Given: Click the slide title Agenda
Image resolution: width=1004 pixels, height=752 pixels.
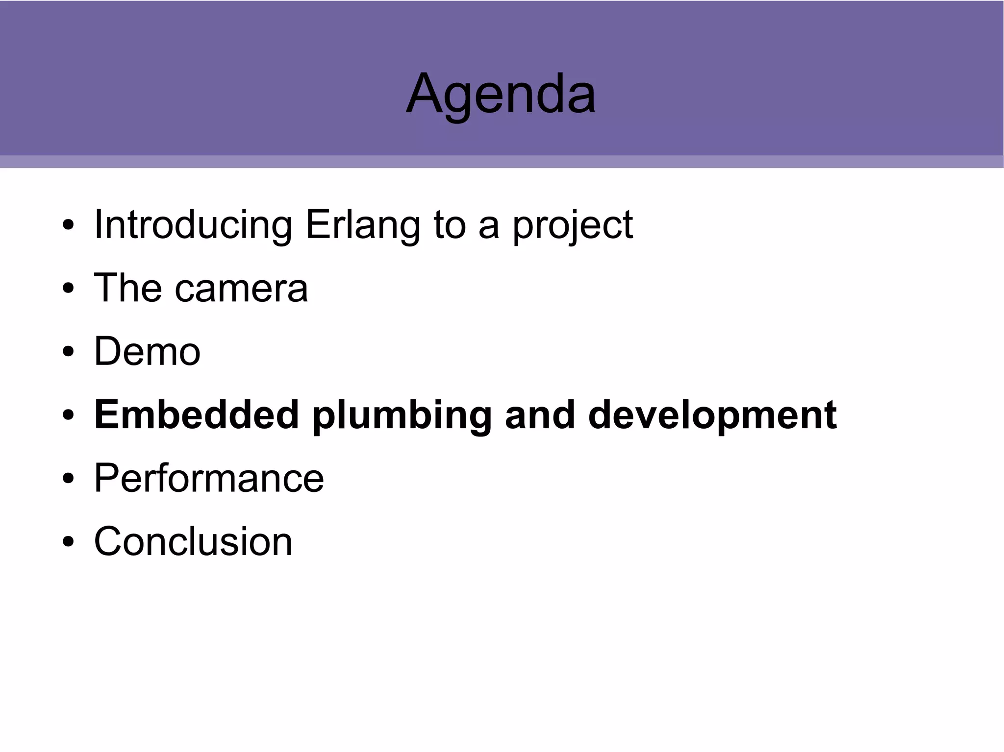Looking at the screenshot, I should coord(501,93).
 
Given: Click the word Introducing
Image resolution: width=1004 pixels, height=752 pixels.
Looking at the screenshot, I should coord(193,225).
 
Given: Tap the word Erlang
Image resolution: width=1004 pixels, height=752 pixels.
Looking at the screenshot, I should coord(363,225).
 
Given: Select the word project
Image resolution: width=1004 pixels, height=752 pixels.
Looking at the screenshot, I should coord(572,226).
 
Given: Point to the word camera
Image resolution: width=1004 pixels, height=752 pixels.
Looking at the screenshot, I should coord(241,289).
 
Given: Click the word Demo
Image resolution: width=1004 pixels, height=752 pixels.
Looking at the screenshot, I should coord(147,351).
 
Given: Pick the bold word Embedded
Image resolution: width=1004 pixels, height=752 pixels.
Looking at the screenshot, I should coord(196,415).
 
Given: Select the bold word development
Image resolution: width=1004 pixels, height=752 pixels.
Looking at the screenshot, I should coord(712,416).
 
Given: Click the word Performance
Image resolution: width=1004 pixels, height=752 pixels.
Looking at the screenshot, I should coord(209,478).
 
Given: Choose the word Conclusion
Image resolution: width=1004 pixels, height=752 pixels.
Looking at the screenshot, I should coord(193,541).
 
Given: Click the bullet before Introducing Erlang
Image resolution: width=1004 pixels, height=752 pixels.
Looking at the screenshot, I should coord(68,226).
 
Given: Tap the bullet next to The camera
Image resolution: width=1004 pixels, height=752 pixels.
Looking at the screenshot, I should coord(68,289).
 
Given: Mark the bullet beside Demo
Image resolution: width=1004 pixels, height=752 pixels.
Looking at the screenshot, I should coord(68,352).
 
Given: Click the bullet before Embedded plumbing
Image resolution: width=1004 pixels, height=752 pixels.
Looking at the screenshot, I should coord(68,415).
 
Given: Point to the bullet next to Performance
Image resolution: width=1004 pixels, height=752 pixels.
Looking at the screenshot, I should coord(68,479).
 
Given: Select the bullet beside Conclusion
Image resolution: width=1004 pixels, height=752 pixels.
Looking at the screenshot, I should coord(68,542).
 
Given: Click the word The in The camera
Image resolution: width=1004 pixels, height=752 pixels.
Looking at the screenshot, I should coord(127,288).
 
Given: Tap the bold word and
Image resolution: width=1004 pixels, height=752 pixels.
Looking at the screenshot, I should coord(539,415).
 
